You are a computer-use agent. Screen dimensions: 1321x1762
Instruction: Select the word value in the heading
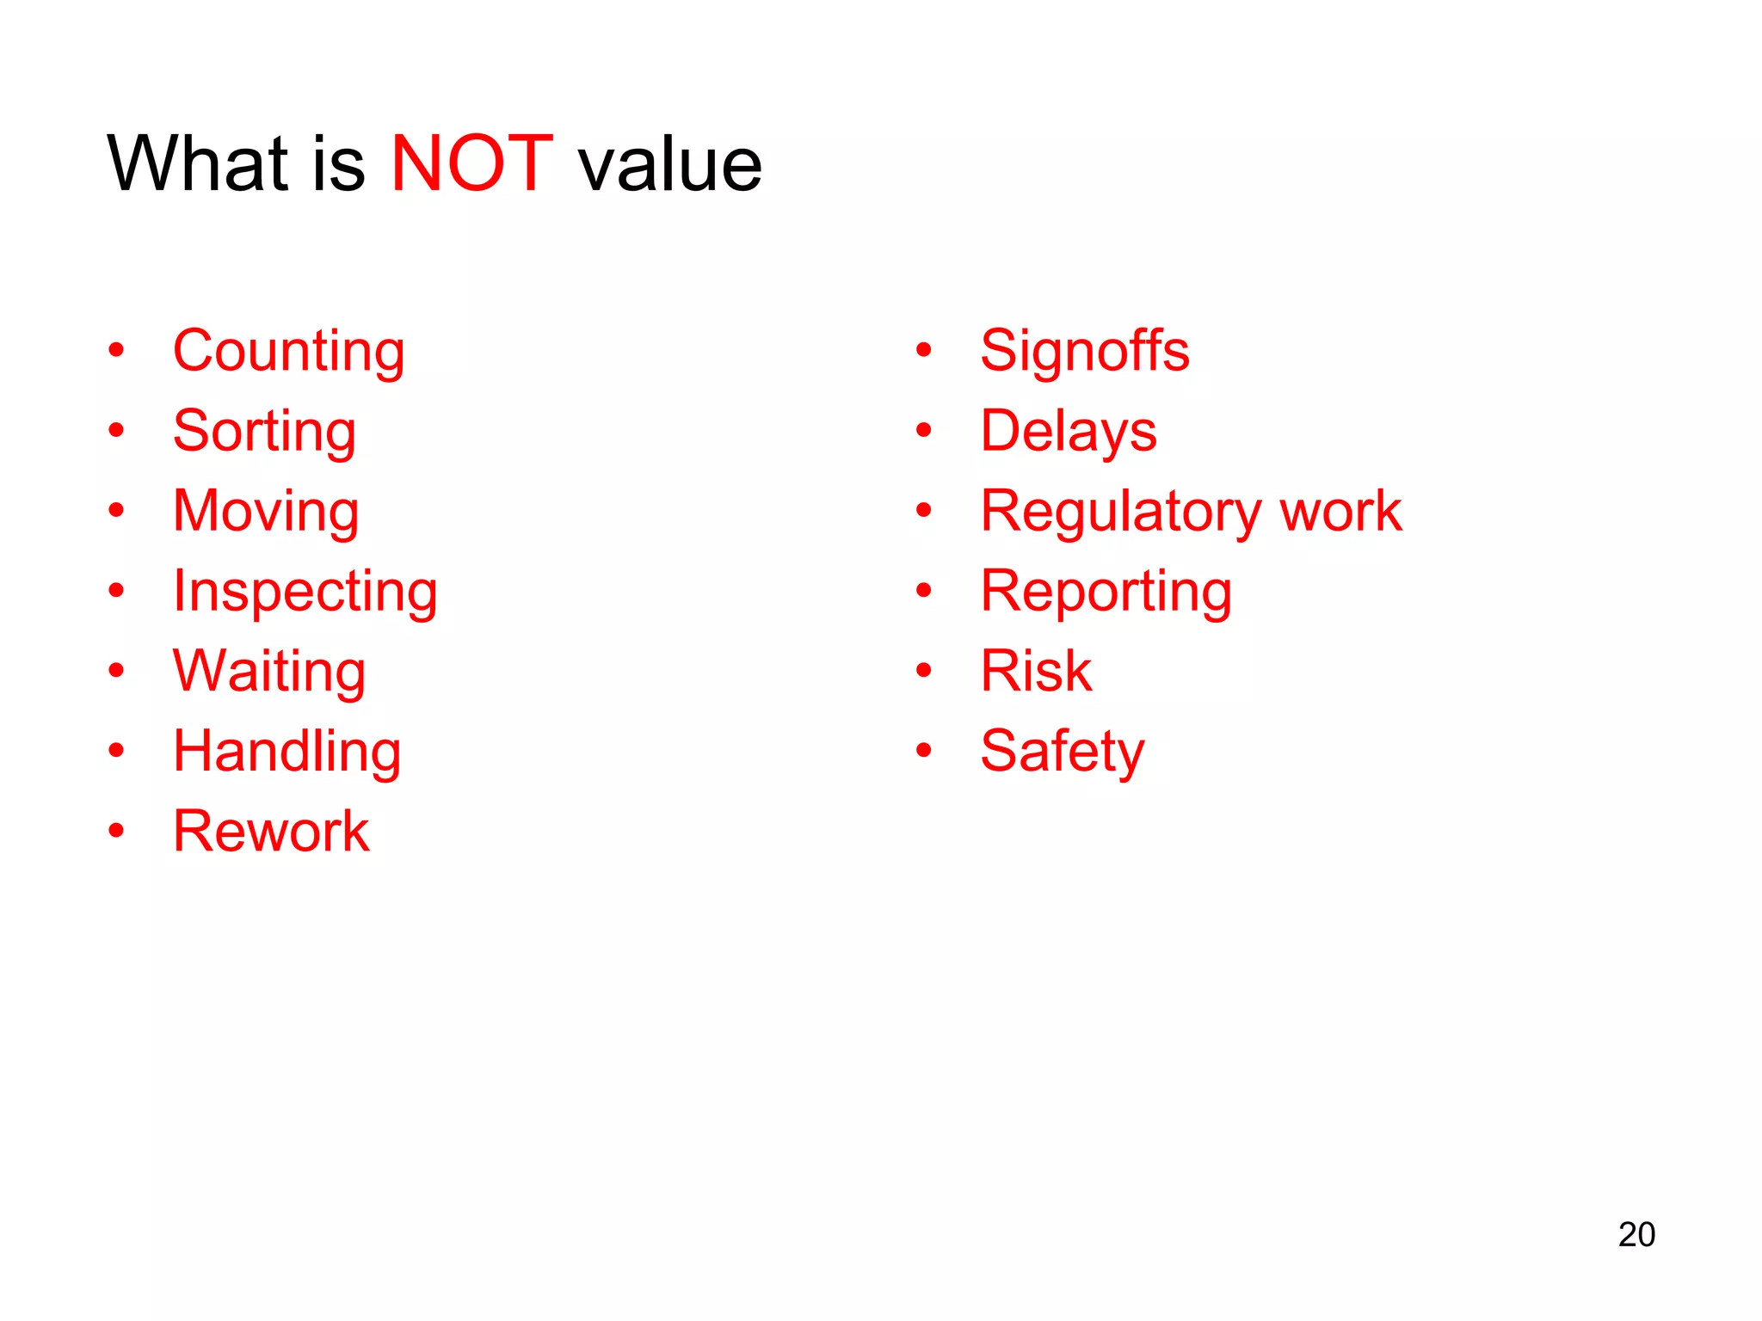tap(669, 165)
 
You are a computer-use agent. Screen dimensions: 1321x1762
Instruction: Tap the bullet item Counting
tap(288, 351)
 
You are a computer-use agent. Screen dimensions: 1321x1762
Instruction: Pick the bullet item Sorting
tap(264, 431)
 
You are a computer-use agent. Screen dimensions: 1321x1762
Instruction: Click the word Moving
tap(266, 511)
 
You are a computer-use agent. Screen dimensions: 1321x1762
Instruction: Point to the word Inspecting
tap(305, 592)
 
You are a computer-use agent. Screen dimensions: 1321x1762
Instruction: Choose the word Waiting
tap(269, 672)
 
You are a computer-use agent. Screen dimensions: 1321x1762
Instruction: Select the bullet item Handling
tap(286, 752)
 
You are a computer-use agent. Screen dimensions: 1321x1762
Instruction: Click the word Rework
tap(271, 832)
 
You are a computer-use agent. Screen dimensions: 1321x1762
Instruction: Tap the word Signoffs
tap(1085, 351)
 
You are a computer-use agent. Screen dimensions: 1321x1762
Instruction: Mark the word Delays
tap(1069, 431)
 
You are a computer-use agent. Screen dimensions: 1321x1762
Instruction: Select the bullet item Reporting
tap(1106, 592)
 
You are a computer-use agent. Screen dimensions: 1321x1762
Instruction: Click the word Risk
tap(1036, 671)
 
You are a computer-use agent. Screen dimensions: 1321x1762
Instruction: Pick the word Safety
tap(1063, 752)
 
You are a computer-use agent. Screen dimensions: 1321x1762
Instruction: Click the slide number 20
tap(1636, 1234)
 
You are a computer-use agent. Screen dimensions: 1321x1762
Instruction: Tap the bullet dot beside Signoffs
tap(924, 350)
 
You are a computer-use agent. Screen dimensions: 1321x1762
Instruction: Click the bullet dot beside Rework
tap(116, 831)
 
